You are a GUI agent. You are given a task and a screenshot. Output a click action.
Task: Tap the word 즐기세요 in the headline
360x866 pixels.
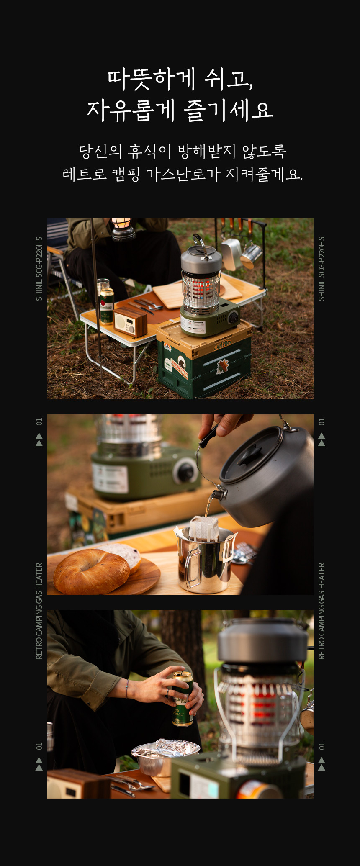pos(228,110)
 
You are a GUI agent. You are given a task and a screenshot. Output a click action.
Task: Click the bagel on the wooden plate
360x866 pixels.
pos(91,572)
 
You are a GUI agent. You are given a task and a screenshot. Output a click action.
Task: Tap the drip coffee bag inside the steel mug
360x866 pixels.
pos(204,529)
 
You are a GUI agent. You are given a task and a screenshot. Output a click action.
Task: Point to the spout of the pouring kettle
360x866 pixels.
pos(218,494)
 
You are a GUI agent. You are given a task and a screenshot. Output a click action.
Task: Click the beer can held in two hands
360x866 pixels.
pos(183,699)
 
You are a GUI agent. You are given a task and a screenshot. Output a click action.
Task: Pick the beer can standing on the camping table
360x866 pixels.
pos(107,305)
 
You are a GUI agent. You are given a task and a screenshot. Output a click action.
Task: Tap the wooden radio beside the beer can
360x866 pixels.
pos(130,322)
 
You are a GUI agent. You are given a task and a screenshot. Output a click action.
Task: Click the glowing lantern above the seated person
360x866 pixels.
pos(123,229)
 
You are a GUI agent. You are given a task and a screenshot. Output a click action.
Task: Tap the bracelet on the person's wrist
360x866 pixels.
pos(127,689)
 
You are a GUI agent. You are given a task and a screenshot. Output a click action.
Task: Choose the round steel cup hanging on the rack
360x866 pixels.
pos(250,255)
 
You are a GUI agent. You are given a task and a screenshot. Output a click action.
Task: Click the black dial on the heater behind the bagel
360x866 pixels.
pos(185,472)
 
